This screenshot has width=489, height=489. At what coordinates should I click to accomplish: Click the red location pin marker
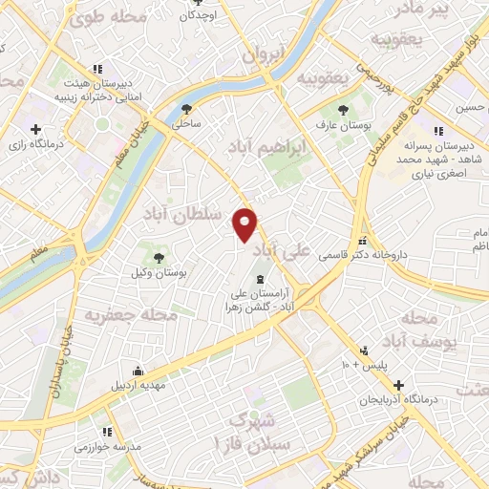click(x=245, y=224)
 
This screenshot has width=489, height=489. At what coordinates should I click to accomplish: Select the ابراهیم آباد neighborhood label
click(x=270, y=148)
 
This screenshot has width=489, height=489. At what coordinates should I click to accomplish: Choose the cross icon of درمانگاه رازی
click(x=35, y=129)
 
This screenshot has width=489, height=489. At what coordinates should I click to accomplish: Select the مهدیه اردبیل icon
click(x=139, y=371)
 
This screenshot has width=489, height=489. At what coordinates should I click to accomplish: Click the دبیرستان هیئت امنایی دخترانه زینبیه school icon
click(x=96, y=69)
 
